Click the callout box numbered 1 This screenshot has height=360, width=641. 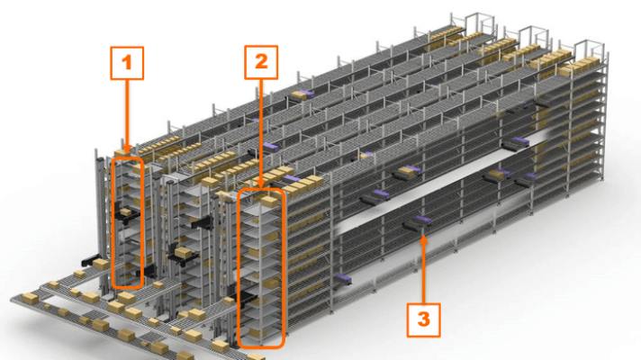click(127, 62)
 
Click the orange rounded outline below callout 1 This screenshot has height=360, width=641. click(127, 221)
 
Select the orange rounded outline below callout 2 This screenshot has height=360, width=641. click(261, 267)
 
